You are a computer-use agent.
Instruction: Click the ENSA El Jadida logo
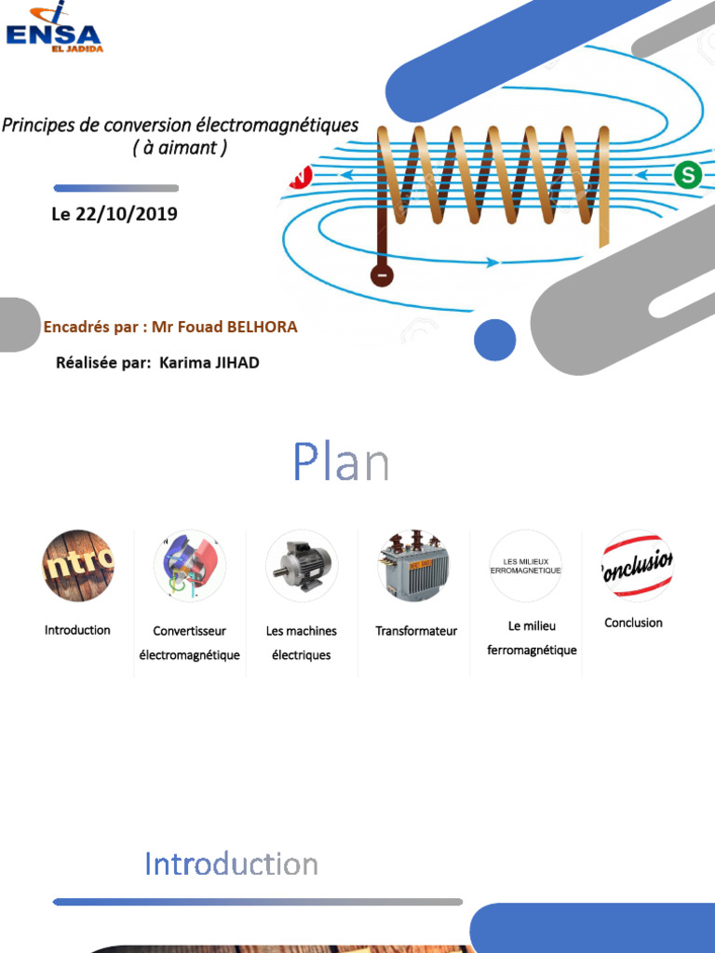point(53,27)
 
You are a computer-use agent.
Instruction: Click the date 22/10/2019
point(127,214)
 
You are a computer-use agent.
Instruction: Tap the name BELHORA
point(262,327)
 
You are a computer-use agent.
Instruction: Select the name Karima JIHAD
point(209,363)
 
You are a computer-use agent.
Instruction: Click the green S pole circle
point(688,175)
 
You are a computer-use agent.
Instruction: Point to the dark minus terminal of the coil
point(382,275)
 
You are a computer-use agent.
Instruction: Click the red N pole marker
point(302,177)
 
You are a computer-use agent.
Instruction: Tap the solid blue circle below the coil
point(495,340)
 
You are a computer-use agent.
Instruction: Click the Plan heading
point(341,462)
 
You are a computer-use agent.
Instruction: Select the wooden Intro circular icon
point(78,566)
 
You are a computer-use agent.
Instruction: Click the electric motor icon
point(303,566)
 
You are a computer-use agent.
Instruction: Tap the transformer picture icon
point(414,566)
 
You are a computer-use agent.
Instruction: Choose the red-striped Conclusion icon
point(637,566)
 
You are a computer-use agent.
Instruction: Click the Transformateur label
point(416,631)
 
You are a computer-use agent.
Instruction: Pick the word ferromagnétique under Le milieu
point(532,651)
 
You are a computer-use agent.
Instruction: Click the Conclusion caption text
point(633,623)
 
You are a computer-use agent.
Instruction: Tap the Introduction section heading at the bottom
point(231,864)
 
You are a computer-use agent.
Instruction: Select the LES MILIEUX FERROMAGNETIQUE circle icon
point(526,566)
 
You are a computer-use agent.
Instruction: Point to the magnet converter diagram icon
point(190,566)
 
